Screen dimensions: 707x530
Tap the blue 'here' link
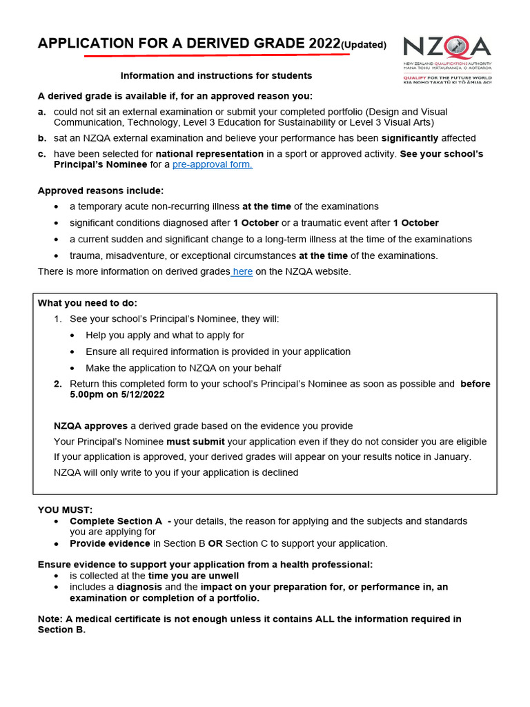tap(242, 271)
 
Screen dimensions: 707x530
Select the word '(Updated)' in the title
tap(364, 46)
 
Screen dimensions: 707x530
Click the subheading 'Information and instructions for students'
tap(216, 75)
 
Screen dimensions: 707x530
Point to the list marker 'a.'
tap(42, 112)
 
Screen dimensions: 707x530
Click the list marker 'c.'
tap(42, 154)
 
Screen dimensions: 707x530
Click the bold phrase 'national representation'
tap(209, 154)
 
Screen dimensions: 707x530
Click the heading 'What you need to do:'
tap(88, 303)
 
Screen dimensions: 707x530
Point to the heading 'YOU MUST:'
tap(65, 510)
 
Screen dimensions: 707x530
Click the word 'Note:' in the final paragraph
tap(51, 619)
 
